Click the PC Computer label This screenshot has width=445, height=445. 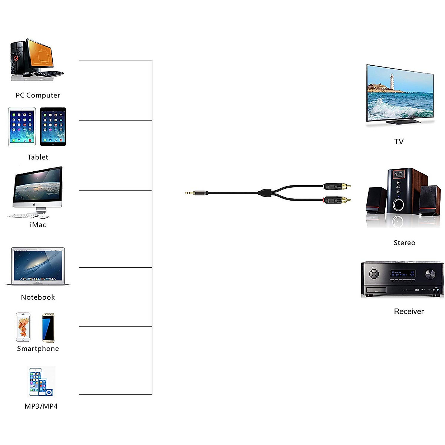(x=38, y=95)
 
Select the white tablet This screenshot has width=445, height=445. (x=22, y=127)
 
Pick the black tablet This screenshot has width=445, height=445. (x=53, y=127)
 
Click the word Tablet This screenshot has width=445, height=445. (x=38, y=157)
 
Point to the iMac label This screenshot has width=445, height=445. (x=38, y=225)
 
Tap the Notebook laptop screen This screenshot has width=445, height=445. (x=38, y=265)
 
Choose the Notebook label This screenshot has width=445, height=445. (x=38, y=297)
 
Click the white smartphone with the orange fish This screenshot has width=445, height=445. (x=23, y=327)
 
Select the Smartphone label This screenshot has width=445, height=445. (x=38, y=349)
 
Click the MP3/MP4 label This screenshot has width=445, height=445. (x=41, y=406)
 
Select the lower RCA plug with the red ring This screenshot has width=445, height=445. (x=336, y=200)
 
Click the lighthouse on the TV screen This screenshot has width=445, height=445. (x=392, y=82)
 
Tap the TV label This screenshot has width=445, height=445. (x=399, y=142)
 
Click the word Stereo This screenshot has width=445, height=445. (x=404, y=243)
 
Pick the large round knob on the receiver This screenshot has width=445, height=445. (x=430, y=274)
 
